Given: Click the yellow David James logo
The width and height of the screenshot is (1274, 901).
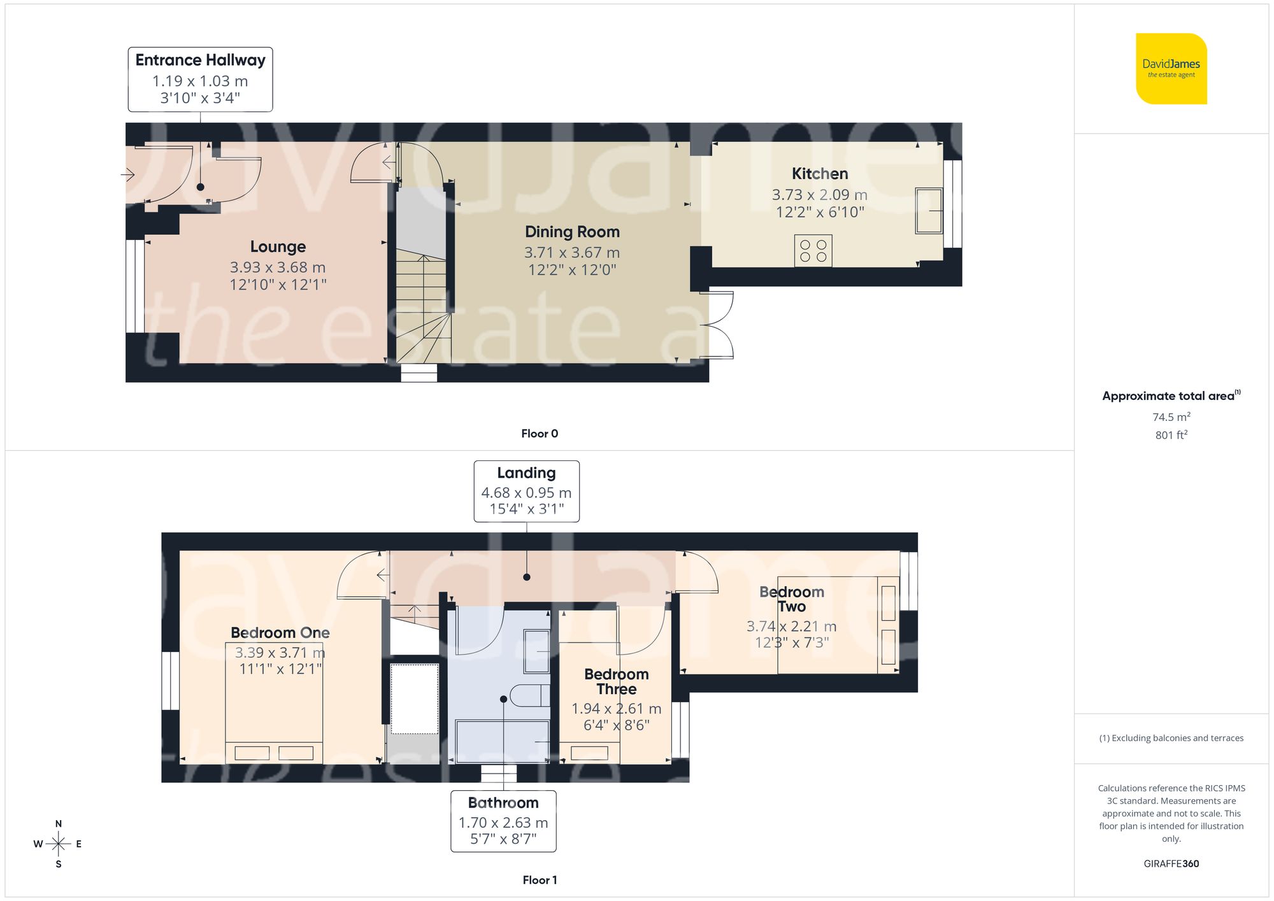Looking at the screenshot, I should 1171,69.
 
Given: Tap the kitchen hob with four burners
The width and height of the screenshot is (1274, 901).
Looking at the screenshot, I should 813,251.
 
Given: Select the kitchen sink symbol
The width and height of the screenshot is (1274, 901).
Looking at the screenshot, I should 929,211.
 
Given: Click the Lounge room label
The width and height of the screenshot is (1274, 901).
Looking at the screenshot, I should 278,246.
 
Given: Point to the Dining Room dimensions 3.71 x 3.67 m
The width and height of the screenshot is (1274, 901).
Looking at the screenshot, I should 571,253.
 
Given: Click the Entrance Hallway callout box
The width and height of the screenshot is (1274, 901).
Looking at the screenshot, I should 200,79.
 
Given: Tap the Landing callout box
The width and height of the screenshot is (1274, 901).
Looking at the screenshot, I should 526,491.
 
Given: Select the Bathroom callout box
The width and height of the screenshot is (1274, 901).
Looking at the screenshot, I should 503,821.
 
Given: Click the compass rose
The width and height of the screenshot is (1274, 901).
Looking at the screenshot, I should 58,844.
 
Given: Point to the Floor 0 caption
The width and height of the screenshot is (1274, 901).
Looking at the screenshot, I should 539,434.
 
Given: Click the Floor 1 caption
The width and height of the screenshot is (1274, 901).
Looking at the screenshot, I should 539,880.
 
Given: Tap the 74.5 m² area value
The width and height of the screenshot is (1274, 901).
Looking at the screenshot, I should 1171,417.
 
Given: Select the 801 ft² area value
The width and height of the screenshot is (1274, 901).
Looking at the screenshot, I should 1171,435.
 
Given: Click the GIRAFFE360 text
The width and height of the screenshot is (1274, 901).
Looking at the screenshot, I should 1171,864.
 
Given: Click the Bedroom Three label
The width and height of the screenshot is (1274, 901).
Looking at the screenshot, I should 616,681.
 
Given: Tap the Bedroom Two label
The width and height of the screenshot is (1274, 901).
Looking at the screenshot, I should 791,599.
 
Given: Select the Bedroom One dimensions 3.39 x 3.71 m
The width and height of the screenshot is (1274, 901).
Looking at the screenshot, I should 280,653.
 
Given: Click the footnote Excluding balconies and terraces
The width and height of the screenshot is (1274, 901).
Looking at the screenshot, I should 1171,738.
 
